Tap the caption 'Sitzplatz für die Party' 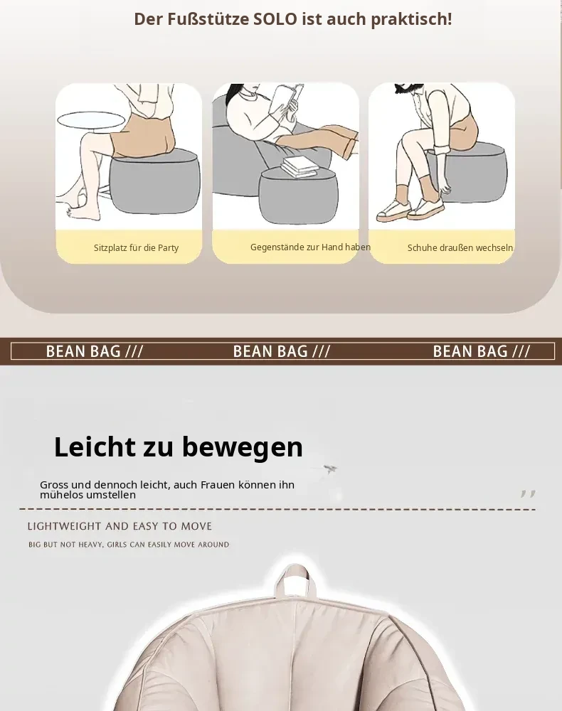136,247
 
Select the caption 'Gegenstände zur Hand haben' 310,247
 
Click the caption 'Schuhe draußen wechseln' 460,247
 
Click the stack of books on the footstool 299,167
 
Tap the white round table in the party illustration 91,119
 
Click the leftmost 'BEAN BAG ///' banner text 95,351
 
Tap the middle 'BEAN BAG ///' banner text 281,351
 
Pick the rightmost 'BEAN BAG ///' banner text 482,351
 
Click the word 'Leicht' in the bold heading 95,447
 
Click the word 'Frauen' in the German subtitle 218,485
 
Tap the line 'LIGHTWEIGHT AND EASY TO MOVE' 120,526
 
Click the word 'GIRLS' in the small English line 117,545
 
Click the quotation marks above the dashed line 528,494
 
